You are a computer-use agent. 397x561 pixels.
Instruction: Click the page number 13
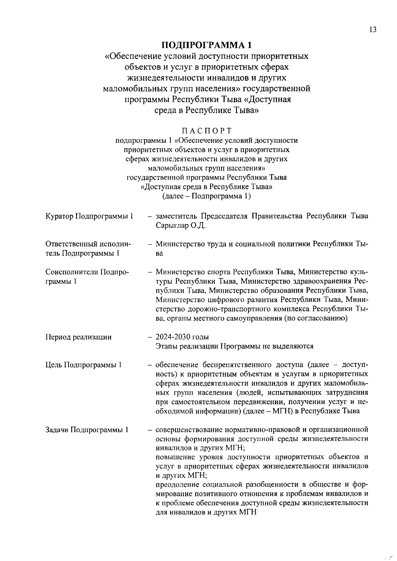[373, 30]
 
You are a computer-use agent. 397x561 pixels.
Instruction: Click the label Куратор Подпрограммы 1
[89, 217]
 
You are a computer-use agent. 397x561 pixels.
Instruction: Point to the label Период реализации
[78, 337]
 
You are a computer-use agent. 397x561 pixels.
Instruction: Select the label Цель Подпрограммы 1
[84, 365]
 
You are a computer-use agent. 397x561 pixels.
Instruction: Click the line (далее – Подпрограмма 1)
[206, 196]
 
